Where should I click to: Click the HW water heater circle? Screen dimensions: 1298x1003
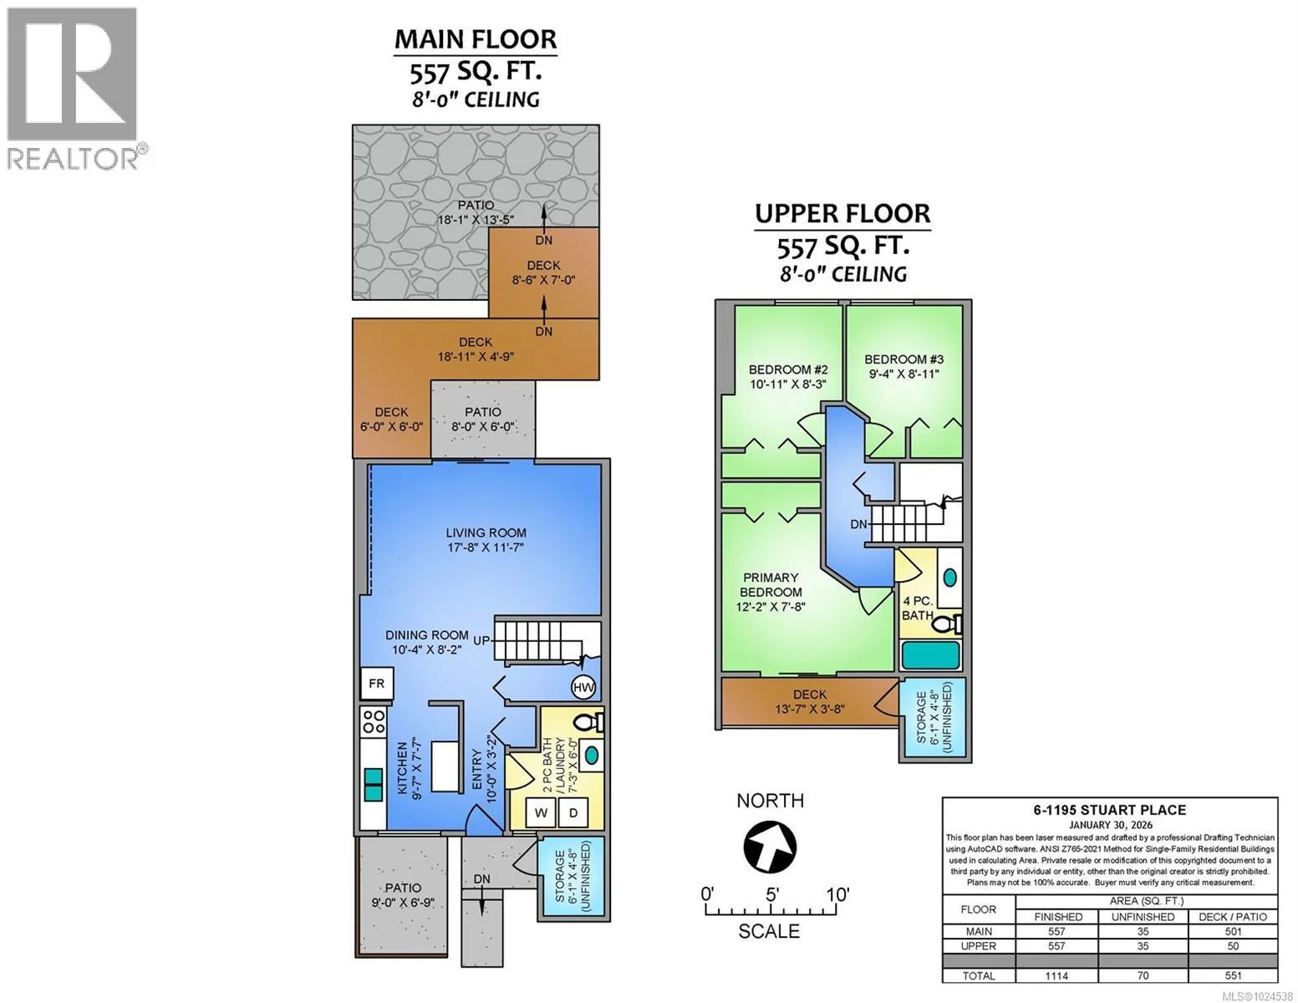click(x=583, y=688)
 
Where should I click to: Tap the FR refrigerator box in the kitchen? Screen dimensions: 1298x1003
click(x=376, y=684)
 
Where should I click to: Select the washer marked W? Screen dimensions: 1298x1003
click(x=542, y=813)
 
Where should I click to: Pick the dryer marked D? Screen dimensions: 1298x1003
click(x=573, y=813)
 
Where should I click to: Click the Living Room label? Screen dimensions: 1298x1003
click(x=486, y=533)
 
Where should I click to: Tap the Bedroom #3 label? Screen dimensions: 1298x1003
click(x=904, y=359)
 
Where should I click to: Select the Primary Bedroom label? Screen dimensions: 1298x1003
click(x=771, y=585)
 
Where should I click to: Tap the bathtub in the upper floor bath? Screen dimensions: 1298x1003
click(x=930, y=655)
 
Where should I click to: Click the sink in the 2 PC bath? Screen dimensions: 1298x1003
click(x=592, y=755)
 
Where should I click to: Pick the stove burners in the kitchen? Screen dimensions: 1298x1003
click(x=374, y=721)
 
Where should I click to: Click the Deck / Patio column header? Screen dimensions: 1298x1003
click(x=1233, y=916)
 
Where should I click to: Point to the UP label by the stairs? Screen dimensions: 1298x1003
click(x=481, y=640)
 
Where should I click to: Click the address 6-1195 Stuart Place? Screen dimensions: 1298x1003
click(x=1110, y=810)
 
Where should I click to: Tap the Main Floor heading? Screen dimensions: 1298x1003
click(x=476, y=39)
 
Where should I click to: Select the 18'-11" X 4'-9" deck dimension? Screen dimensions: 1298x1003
click(x=476, y=357)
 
